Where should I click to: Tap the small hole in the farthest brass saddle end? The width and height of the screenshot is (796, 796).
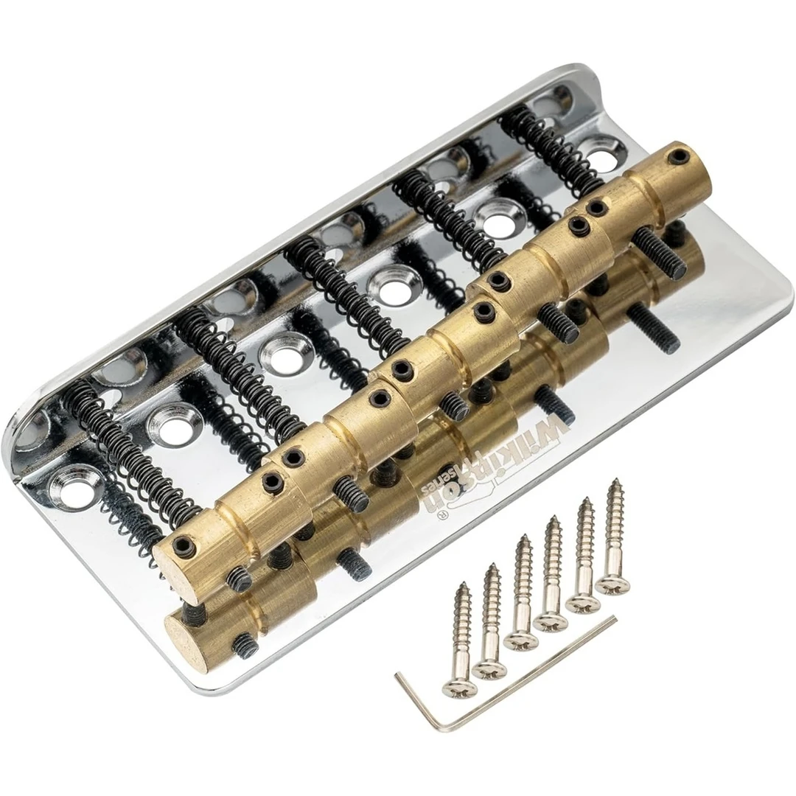(677, 156)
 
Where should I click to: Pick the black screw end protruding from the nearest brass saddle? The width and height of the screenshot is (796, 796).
(240, 579)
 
